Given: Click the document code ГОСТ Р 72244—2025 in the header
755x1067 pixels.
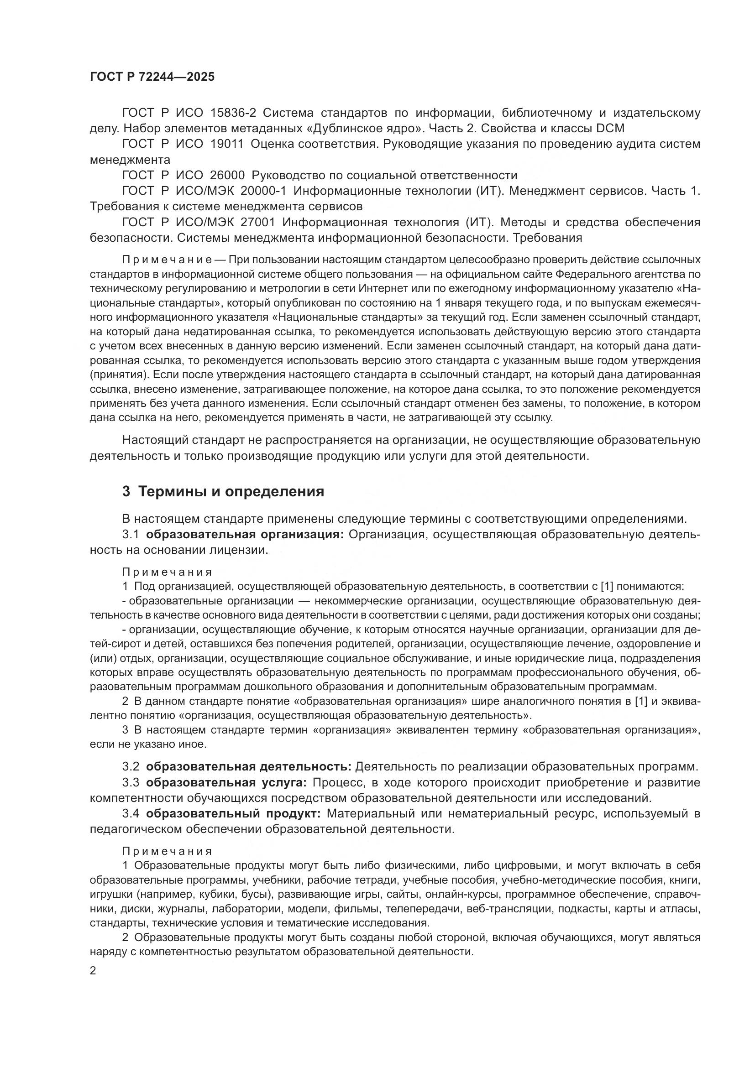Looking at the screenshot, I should [x=152, y=77].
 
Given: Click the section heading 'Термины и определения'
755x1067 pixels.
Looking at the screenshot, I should [x=231, y=491].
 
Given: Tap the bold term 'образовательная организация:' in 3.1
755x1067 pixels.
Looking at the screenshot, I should [x=245, y=535].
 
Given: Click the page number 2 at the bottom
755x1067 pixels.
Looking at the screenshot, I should [x=93, y=971].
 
